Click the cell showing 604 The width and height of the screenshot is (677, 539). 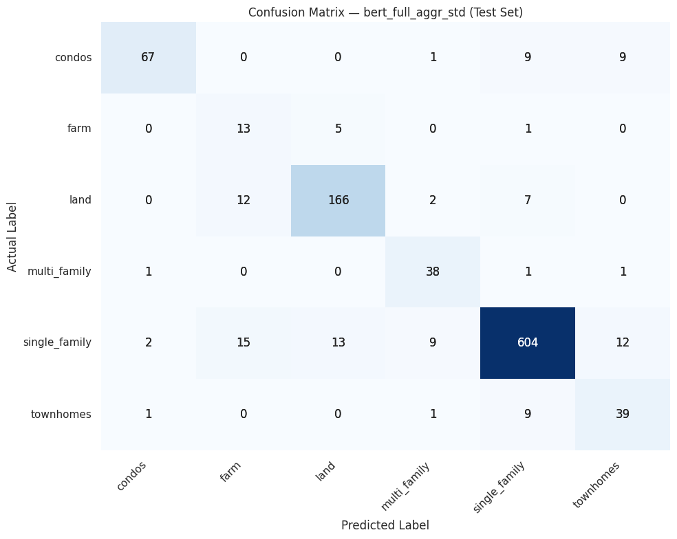tap(527, 342)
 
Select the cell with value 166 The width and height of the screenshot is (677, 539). tap(338, 200)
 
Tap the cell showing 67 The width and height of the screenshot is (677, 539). tap(148, 57)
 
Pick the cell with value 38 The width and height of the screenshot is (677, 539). tap(432, 272)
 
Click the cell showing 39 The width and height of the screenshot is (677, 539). tap(622, 414)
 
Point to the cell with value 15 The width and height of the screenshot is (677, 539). tap(243, 342)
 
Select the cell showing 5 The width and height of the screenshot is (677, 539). tap(338, 129)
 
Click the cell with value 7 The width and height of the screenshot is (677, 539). tap(527, 200)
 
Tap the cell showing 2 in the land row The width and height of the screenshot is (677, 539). tap(432, 200)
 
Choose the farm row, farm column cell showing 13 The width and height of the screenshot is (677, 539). tap(243, 129)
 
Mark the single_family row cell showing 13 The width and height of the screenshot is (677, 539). tap(338, 342)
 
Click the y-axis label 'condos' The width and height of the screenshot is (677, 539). tap(73, 57)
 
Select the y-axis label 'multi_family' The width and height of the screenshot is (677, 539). tap(59, 272)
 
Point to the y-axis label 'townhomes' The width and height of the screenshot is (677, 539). tap(61, 414)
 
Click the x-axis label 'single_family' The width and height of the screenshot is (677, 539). tap(499, 487)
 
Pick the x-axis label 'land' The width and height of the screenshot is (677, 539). tap(325, 472)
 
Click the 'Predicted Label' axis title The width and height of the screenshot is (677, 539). tap(385, 525)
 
